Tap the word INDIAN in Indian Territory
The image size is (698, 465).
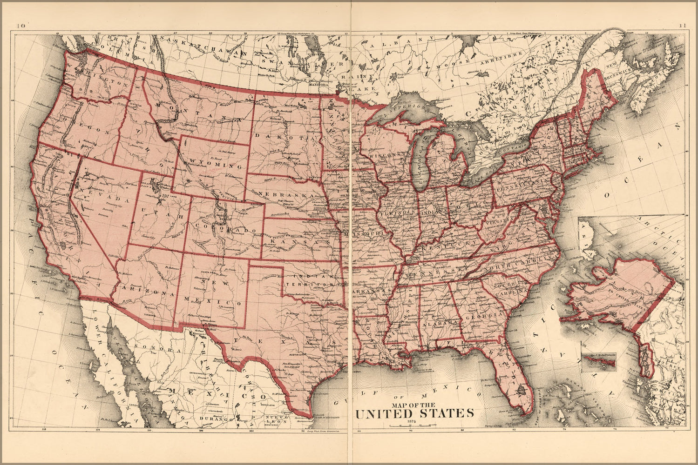[298, 275]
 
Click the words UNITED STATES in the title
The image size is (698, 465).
[414, 413]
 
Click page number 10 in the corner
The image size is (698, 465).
[20, 26]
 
